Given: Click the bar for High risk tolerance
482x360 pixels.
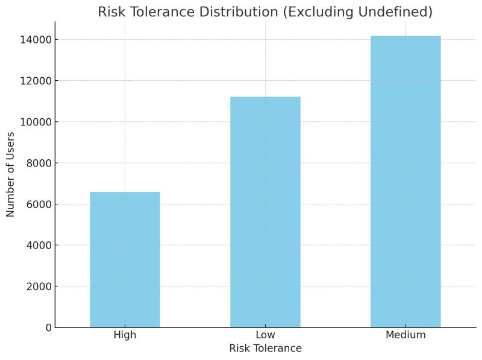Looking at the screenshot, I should click(x=125, y=259).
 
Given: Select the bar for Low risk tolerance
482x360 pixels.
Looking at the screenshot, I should click(x=265, y=212).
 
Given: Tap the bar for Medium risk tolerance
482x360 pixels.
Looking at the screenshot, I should click(x=405, y=182).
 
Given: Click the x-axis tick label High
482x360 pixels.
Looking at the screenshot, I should click(x=125, y=335).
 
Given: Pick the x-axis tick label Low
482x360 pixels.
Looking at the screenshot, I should click(x=265, y=335).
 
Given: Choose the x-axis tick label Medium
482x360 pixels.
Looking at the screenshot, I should click(x=405, y=335).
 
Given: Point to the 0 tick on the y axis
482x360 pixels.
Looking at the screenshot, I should click(x=48, y=327).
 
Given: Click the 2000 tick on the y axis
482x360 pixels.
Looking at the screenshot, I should click(x=39, y=286).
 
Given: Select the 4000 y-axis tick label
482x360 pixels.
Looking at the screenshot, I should click(x=39, y=245).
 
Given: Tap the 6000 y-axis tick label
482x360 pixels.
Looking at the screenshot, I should click(x=39, y=204).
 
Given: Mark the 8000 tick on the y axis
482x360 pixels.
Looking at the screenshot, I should click(x=39, y=163).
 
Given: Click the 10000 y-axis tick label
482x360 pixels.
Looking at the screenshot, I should click(x=36, y=122).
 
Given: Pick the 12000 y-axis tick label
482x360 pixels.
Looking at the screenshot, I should click(x=36, y=81).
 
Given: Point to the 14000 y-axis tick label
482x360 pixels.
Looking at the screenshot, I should click(x=36, y=40).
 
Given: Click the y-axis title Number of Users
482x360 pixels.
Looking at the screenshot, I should click(x=11, y=174).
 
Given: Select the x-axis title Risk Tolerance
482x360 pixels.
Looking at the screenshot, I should click(x=265, y=349).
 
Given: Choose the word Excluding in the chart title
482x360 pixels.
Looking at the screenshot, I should click(x=321, y=12).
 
